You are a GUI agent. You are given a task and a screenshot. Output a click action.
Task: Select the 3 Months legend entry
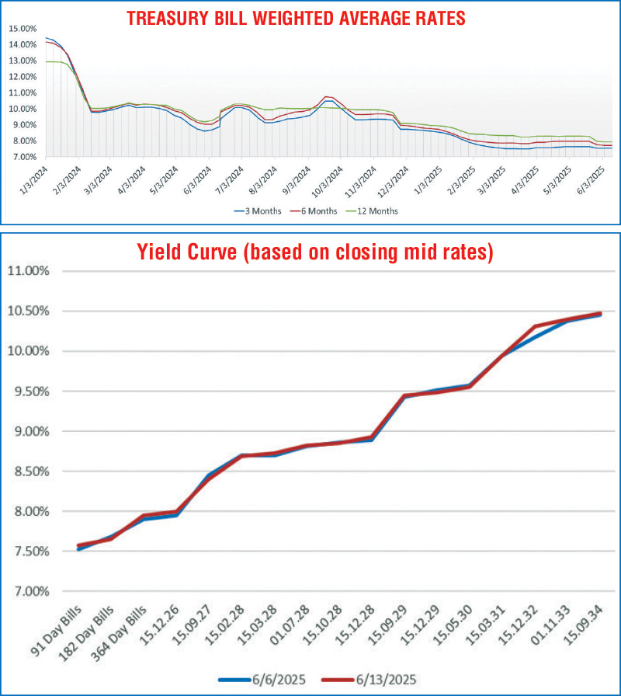coord(252,210)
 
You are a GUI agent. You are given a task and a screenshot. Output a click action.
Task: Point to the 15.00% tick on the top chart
coord(22,28)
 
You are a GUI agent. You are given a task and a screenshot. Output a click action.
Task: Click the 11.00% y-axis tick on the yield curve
coord(28,271)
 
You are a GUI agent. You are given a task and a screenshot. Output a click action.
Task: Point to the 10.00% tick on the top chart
coord(22,108)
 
